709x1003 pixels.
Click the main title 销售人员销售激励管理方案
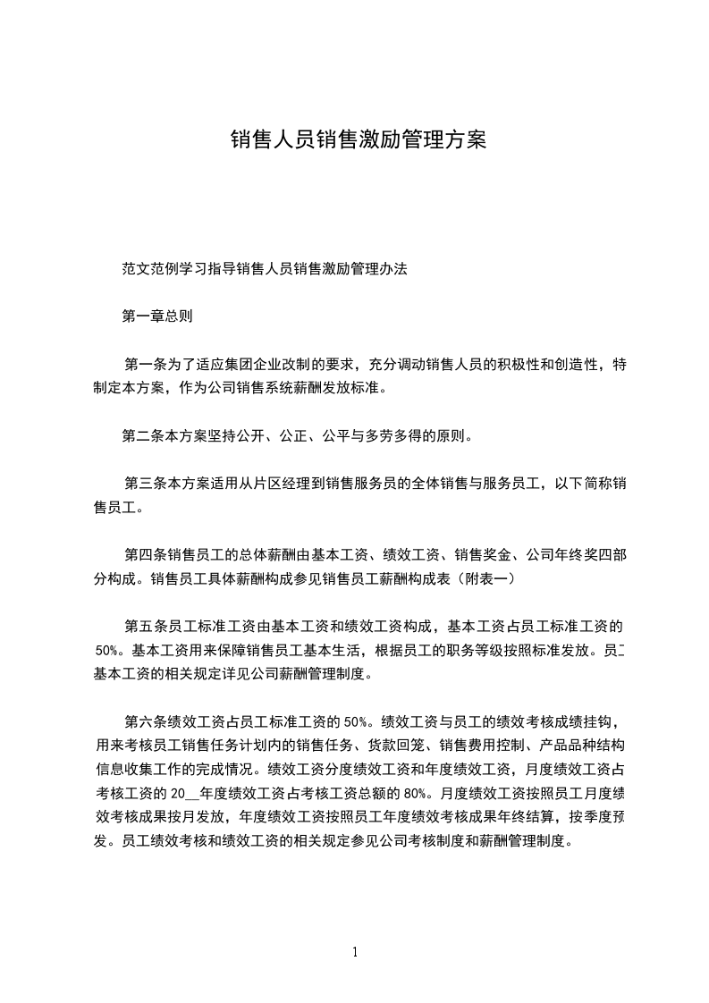[358, 140]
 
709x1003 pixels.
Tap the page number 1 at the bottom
[355, 952]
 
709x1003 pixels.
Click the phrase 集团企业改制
[271, 365]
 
